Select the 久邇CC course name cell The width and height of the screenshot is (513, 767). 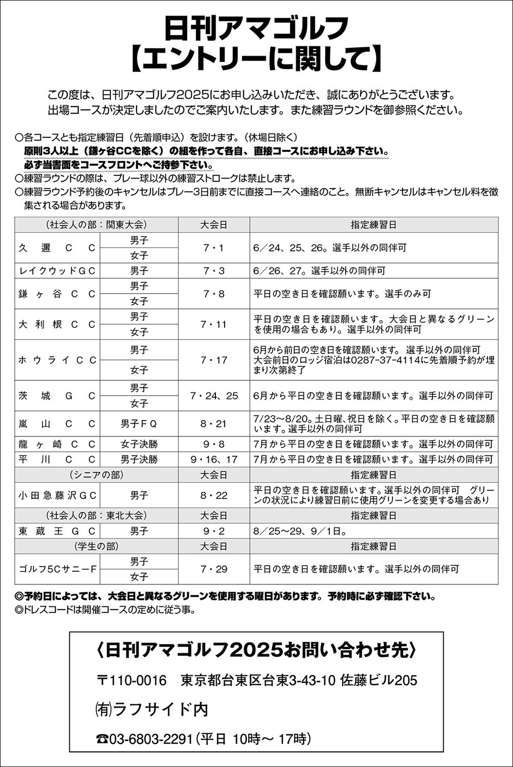[x=57, y=248]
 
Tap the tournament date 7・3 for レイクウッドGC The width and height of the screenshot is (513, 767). [x=214, y=271]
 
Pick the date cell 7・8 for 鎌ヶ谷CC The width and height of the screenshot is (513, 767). [x=214, y=294]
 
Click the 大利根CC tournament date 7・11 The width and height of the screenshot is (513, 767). [x=214, y=324]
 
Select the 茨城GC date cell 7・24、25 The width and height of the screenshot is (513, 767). [x=214, y=396]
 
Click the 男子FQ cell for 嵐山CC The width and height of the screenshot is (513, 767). [x=139, y=424]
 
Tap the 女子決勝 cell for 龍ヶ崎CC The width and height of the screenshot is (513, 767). [x=139, y=444]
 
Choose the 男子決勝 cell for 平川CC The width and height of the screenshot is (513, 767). [x=139, y=460]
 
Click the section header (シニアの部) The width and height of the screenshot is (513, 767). [x=96, y=475]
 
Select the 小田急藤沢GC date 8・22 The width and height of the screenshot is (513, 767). [x=214, y=495]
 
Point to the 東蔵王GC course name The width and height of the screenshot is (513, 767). [x=57, y=531]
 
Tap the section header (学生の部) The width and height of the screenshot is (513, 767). [x=96, y=546]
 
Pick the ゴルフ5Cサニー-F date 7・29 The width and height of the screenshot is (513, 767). [x=214, y=569]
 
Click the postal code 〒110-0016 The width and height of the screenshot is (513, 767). [x=132, y=680]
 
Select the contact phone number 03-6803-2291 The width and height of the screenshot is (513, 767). [x=150, y=739]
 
